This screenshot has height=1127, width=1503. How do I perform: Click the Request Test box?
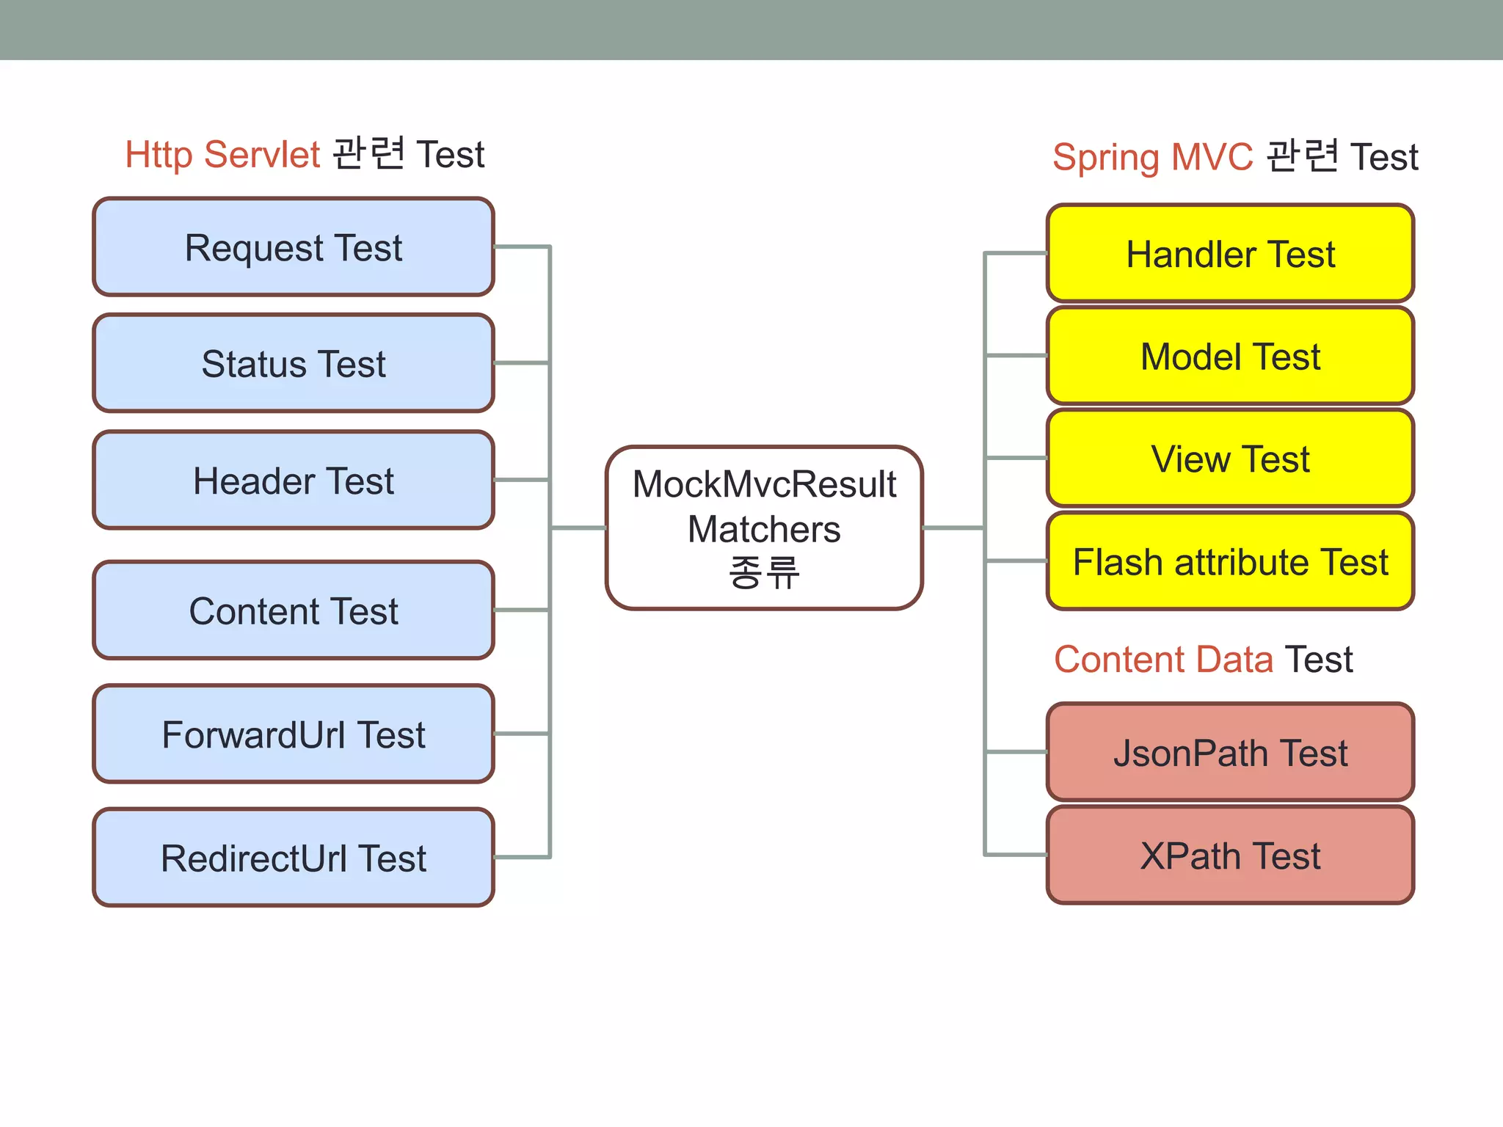pyautogui.click(x=294, y=247)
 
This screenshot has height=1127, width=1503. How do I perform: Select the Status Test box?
pyautogui.click(x=294, y=363)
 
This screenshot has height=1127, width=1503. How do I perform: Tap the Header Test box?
pyautogui.click(x=294, y=481)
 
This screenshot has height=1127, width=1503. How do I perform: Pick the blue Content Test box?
pyautogui.click(x=294, y=610)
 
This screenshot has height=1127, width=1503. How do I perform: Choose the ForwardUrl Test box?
pyautogui.click(x=294, y=734)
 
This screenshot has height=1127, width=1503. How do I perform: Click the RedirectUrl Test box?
pyautogui.click(x=294, y=858)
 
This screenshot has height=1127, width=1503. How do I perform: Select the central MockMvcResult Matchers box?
pyautogui.click(x=764, y=528)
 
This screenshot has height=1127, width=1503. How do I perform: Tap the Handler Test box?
pyautogui.click(x=1230, y=254)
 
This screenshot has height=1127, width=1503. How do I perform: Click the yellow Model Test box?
pyautogui.click(x=1230, y=357)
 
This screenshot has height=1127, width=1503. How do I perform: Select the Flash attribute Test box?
pyautogui.click(x=1230, y=562)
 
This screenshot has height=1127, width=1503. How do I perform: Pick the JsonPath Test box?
pyautogui.click(x=1230, y=753)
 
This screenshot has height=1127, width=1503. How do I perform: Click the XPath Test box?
pyautogui.click(x=1230, y=856)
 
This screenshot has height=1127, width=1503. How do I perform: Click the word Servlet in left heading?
pyautogui.click(x=262, y=155)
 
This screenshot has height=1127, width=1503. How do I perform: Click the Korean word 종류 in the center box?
pyautogui.click(x=764, y=572)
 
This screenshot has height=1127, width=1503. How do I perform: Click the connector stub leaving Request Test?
pyautogui.click(x=521, y=247)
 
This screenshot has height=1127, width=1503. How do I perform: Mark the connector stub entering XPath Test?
pyautogui.click(x=1016, y=854)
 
